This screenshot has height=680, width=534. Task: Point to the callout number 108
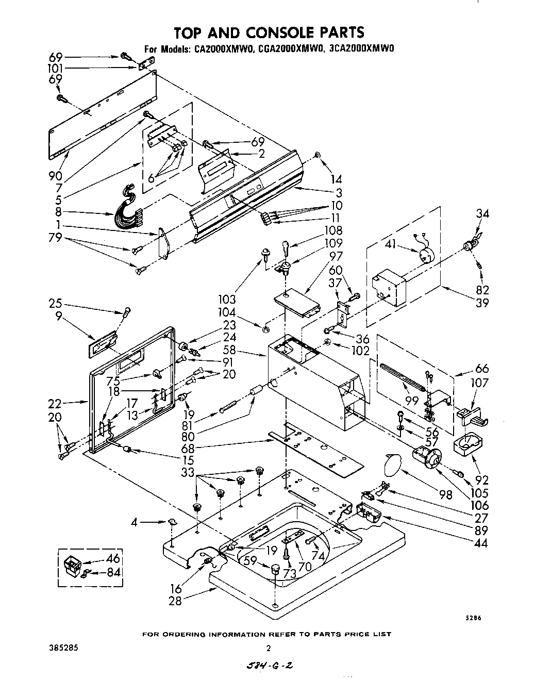[333, 230]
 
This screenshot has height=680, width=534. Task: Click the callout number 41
[390, 244]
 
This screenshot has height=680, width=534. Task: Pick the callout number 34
[483, 213]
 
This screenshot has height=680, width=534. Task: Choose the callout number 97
[336, 256]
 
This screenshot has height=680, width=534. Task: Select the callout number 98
[445, 495]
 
